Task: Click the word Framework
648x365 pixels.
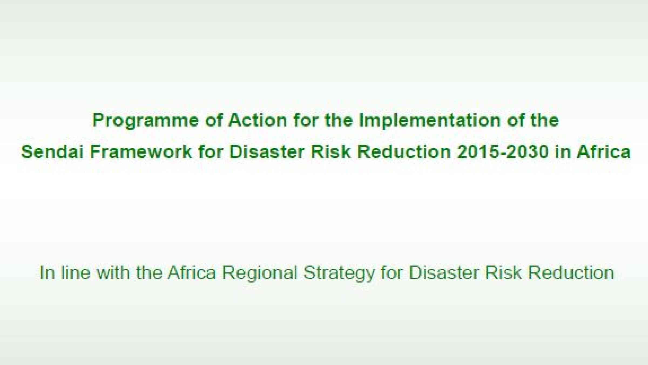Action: click(141, 151)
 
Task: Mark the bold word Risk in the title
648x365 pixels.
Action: click(331, 151)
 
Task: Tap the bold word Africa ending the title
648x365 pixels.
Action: click(604, 151)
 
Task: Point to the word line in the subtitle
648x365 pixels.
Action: click(76, 272)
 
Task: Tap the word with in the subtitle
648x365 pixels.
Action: click(113, 272)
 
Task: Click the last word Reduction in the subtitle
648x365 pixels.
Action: click(571, 272)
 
